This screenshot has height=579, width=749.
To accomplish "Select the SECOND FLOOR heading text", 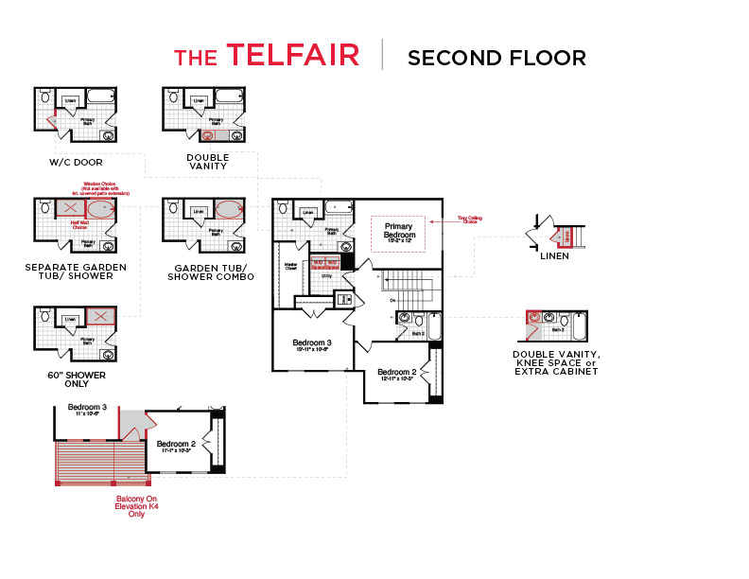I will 496,58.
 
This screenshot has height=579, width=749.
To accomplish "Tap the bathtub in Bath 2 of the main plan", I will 434,326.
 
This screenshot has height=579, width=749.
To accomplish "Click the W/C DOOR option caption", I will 76,162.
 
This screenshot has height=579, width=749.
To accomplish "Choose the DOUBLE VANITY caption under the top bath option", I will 207,162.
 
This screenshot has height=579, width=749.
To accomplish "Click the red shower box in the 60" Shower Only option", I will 99,317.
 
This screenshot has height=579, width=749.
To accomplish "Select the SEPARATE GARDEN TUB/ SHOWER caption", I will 76,272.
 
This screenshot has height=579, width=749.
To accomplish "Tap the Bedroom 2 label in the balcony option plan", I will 176,446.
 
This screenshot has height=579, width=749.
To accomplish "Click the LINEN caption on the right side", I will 555,255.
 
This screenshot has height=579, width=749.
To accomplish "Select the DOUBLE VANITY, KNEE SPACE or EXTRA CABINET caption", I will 556,363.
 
